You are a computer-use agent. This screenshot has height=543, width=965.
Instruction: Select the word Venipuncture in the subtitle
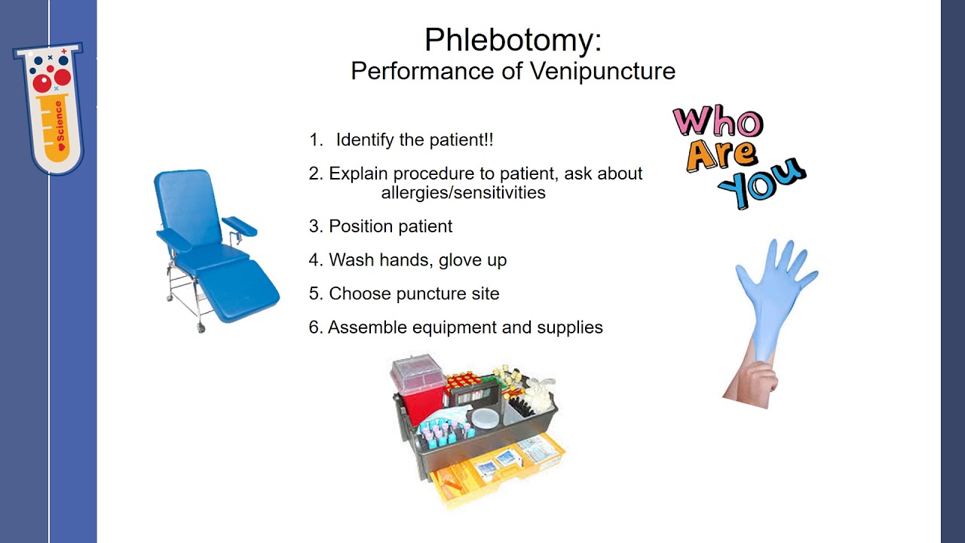tap(602, 72)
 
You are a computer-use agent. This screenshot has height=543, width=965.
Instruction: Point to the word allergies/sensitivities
tap(463, 192)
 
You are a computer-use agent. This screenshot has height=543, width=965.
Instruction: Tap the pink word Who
tap(718, 121)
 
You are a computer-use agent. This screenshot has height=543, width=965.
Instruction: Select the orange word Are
tap(722, 155)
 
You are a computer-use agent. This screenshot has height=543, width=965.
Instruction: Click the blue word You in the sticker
tap(761, 183)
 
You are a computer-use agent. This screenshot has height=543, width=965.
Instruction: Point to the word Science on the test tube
tap(60, 122)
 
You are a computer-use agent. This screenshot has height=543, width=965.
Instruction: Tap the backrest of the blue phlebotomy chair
tap(188, 207)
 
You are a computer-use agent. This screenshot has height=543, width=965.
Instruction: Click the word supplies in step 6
tap(569, 328)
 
